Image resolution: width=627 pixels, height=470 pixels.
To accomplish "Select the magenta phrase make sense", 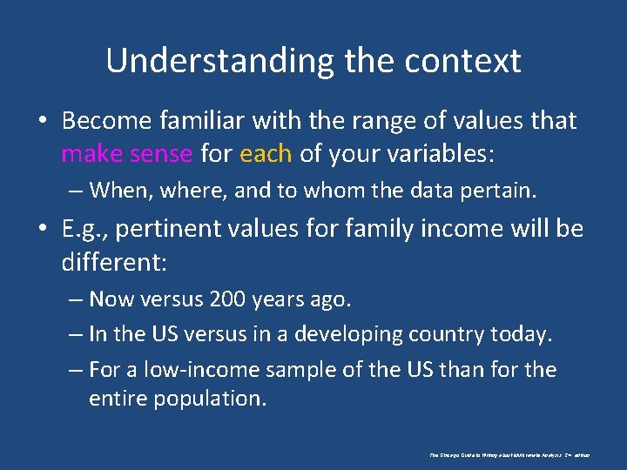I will point(126,154).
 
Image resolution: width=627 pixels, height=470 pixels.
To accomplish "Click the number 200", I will point(228,299).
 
